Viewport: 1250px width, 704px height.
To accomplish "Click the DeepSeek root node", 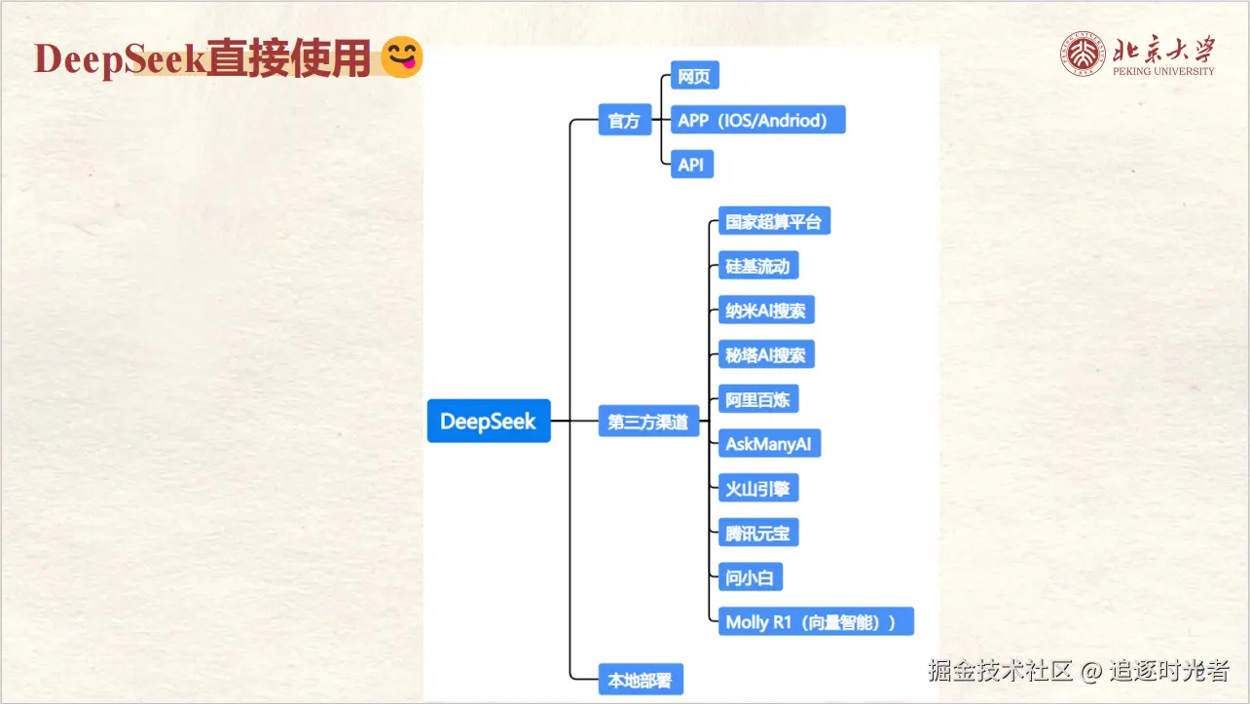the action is (489, 422).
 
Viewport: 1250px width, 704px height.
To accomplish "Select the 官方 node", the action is (624, 121).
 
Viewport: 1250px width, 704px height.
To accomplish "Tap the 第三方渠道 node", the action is (648, 423).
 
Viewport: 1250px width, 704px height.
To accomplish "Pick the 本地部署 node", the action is (640, 680).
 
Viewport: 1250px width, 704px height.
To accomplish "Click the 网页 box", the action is (694, 76).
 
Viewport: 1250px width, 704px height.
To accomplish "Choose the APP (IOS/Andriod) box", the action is (757, 120).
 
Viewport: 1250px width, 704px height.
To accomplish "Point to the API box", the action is (691, 165).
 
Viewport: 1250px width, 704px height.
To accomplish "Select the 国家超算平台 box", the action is (773, 221).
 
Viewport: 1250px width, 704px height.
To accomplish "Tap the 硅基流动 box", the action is (757, 266).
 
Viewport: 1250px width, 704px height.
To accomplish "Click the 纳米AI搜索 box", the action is (765, 311).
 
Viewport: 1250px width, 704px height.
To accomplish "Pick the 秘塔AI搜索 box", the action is (765, 354).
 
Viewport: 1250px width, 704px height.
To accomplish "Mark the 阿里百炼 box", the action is (757, 399).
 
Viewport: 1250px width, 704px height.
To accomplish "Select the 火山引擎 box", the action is (757, 489).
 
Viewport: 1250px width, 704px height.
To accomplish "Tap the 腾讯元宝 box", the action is (757, 533).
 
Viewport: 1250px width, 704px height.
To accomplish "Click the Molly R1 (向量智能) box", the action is (815, 622).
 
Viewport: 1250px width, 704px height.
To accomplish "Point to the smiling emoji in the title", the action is (401, 57).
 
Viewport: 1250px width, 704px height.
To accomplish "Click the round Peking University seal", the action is (1083, 55).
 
